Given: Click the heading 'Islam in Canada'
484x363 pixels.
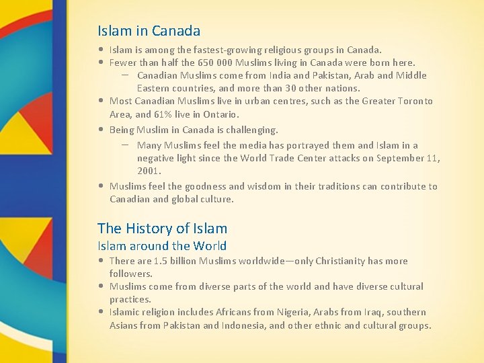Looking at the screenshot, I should click(149, 31).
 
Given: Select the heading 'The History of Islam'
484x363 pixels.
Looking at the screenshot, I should click(162, 229).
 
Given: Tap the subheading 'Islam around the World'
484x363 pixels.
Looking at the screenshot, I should click(161, 246).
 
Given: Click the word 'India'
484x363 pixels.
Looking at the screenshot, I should click(280, 75).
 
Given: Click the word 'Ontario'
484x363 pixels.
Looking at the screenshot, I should click(220, 114).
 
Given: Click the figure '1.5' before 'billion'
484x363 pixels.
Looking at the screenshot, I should click(159, 261).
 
